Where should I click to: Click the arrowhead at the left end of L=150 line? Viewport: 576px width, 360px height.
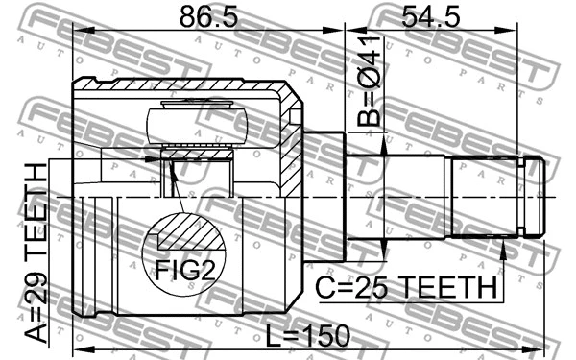click(x=78, y=347)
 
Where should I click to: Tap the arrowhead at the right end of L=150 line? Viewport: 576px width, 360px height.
click(x=539, y=347)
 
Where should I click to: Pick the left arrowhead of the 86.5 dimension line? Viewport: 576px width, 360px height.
click(x=78, y=32)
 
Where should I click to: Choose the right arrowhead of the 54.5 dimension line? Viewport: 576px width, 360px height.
click(x=515, y=32)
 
